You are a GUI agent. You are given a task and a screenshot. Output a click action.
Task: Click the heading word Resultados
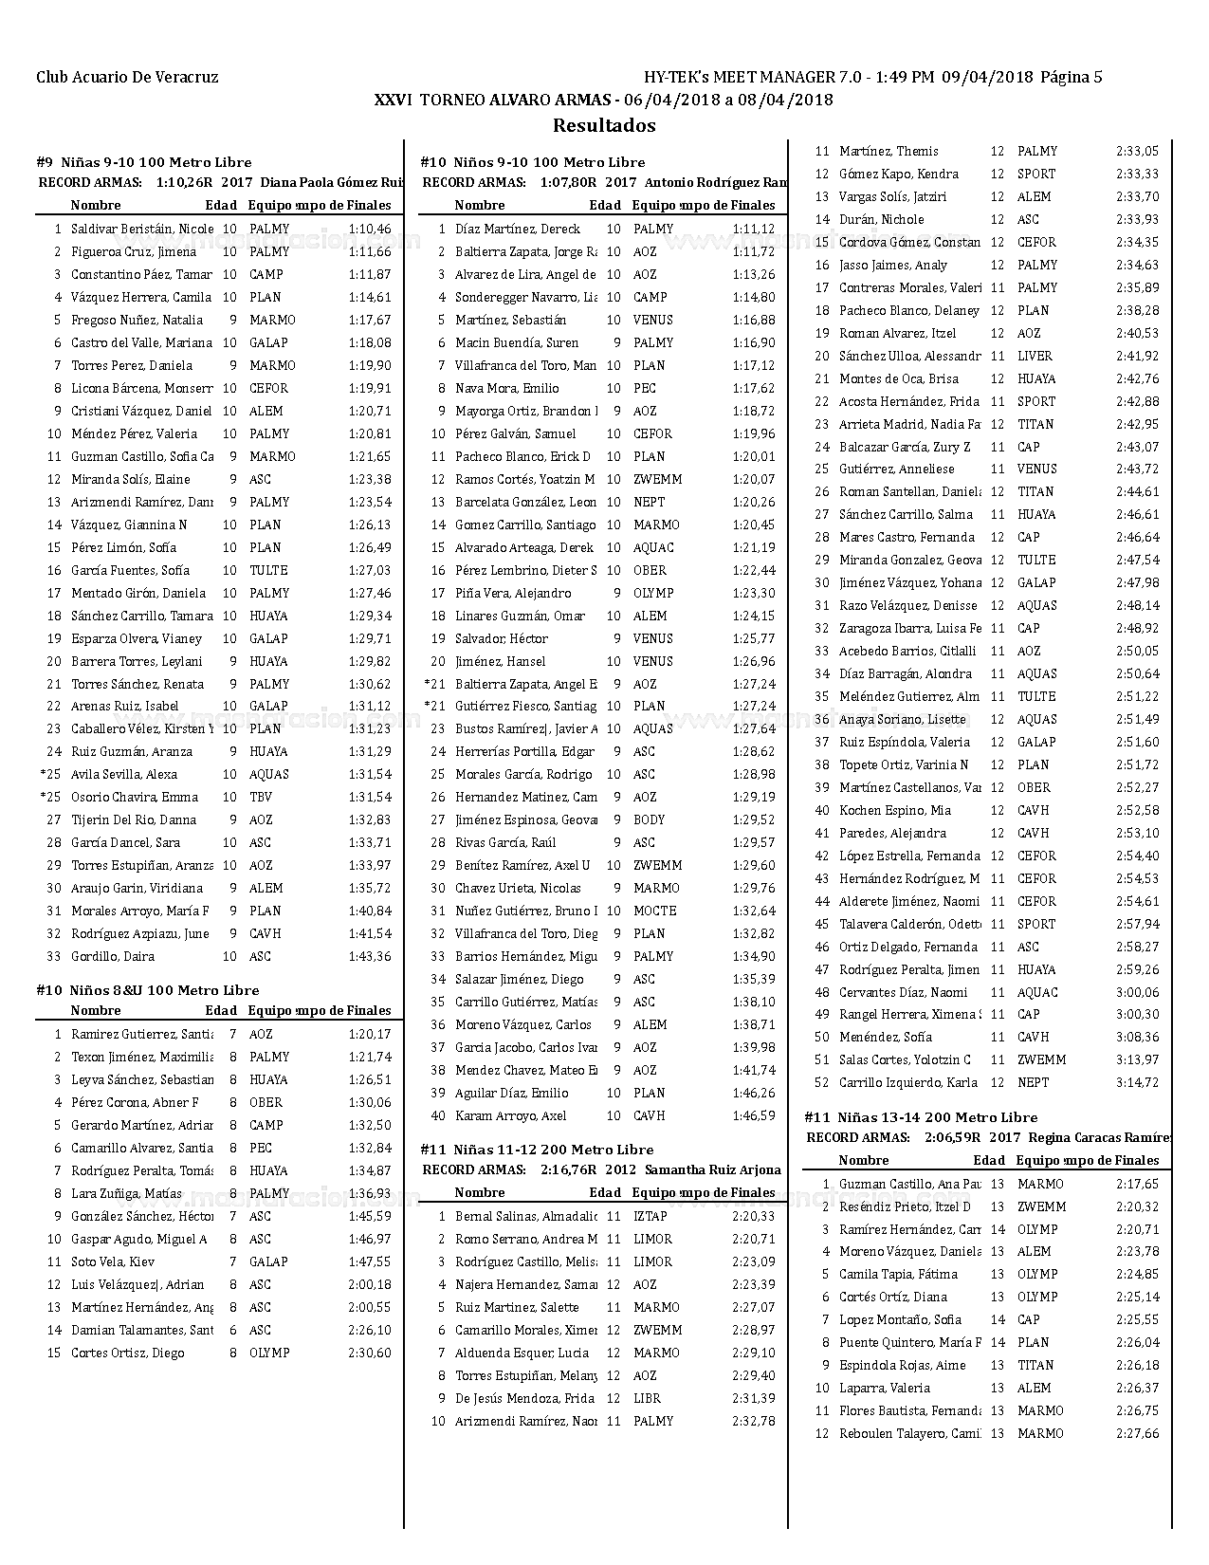pyautogui.click(x=604, y=125)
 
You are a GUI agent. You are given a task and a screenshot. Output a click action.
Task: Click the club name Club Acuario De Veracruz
pyautogui.click(x=127, y=78)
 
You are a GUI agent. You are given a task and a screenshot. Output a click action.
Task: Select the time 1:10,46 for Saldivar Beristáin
pyautogui.click(x=370, y=229)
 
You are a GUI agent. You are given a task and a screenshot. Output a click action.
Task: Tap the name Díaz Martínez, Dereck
pyautogui.click(x=517, y=229)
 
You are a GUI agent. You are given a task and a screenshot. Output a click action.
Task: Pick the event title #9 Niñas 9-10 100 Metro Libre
pyautogui.click(x=144, y=162)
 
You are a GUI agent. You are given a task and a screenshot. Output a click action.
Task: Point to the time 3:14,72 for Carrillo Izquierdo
pyautogui.click(x=1137, y=1082)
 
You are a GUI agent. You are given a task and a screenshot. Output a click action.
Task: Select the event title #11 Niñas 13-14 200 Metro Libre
pyautogui.click(x=921, y=1117)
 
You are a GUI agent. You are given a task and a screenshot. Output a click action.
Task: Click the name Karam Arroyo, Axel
pyautogui.click(x=510, y=1115)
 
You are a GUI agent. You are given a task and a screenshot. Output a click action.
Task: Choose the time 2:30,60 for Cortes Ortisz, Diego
pyautogui.click(x=370, y=1353)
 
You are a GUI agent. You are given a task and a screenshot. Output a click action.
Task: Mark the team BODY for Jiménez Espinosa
pyautogui.click(x=650, y=819)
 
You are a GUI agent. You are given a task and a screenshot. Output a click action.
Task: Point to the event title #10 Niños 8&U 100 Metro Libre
pyautogui.click(x=148, y=990)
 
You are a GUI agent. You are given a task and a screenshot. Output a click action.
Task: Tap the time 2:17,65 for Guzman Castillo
pyautogui.click(x=1137, y=1184)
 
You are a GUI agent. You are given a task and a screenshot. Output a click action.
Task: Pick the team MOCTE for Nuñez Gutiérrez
pyautogui.click(x=654, y=911)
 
